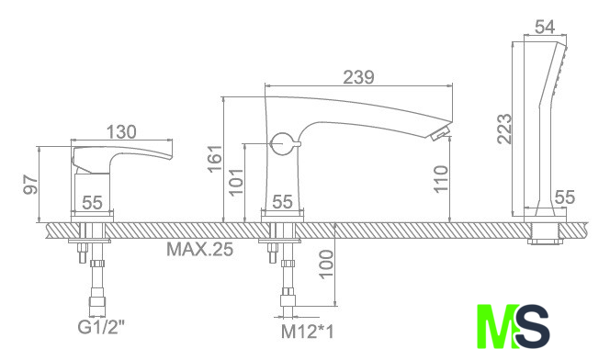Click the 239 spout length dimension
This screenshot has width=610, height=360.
[358, 77]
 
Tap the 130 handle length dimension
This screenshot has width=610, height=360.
[121, 132]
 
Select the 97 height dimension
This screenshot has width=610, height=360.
[30, 185]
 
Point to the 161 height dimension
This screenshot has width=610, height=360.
[214, 158]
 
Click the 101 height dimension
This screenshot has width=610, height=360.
[236, 182]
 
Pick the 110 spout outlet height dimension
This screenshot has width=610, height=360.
[441, 178]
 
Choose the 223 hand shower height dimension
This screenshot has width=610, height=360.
[504, 129]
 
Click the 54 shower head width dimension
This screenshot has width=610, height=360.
[545, 28]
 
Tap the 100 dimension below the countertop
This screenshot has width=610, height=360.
[326, 264]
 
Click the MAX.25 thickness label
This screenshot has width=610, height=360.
[200, 249]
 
